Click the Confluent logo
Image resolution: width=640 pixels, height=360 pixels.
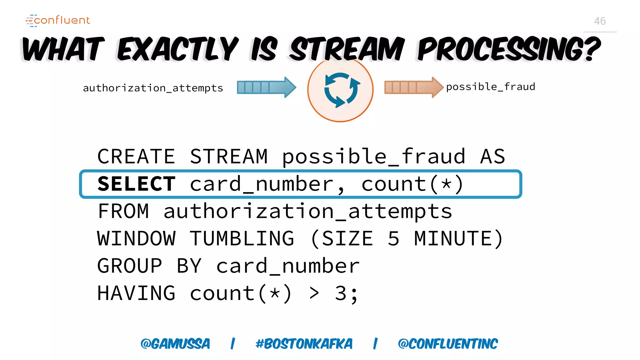(x=58, y=20)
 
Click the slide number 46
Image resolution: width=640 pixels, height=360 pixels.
(x=600, y=21)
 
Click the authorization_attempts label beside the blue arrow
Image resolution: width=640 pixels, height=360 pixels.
(x=153, y=88)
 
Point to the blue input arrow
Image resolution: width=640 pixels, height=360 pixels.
(x=266, y=87)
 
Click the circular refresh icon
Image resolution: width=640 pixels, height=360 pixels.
(x=340, y=90)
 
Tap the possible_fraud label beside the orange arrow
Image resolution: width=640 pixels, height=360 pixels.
(x=490, y=87)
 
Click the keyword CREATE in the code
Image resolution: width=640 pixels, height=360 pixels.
(x=136, y=156)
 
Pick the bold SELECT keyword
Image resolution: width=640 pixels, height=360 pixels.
(x=137, y=184)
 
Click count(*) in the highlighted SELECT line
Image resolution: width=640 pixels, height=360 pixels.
(x=412, y=184)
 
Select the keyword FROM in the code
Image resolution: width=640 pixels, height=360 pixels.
(x=123, y=211)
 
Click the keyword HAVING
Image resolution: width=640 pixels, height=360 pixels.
(x=136, y=293)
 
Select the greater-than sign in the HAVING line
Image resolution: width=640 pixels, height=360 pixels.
(x=314, y=293)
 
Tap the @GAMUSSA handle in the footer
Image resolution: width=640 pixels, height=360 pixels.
(x=175, y=344)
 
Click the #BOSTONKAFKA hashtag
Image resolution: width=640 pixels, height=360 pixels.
(x=304, y=344)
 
